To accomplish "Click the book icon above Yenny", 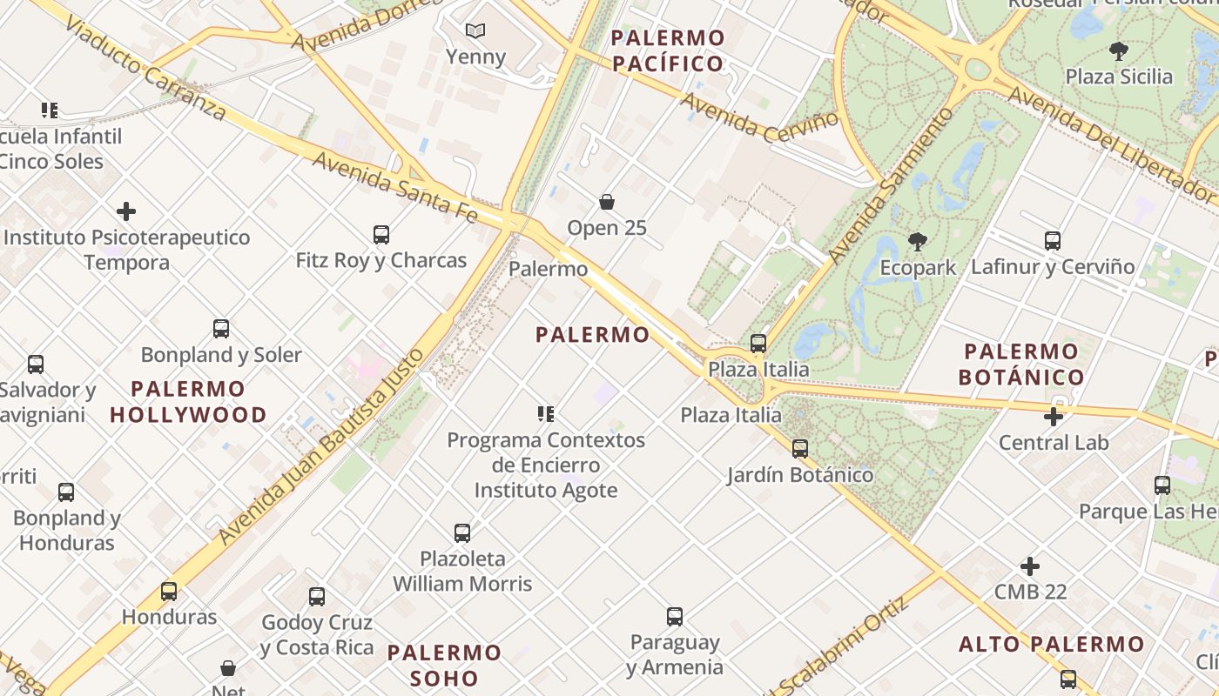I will click(x=475, y=31).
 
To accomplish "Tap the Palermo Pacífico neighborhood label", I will click(x=668, y=50).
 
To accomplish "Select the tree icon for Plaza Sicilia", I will click(x=1119, y=51).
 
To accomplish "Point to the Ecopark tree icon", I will click(x=917, y=242).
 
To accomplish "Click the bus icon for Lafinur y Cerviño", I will click(x=1053, y=241).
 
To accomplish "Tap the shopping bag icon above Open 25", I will click(x=607, y=203).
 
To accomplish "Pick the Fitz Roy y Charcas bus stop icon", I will click(x=381, y=235).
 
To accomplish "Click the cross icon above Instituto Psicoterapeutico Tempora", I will click(x=126, y=211).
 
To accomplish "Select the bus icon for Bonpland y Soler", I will click(x=221, y=329).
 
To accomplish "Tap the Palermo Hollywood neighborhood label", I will click(x=188, y=401).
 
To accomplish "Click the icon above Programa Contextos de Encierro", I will click(x=546, y=414).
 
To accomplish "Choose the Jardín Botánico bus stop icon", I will click(x=800, y=449).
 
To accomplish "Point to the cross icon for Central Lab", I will click(x=1054, y=417).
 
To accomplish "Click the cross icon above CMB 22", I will click(x=1030, y=566).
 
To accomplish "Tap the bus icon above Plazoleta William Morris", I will click(x=462, y=532).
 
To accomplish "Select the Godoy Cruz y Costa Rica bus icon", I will click(x=317, y=597).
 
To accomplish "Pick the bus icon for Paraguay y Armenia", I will click(x=675, y=617).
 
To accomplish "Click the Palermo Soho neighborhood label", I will click(x=445, y=665).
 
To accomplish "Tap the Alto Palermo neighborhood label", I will click(x=1051, y=645).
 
